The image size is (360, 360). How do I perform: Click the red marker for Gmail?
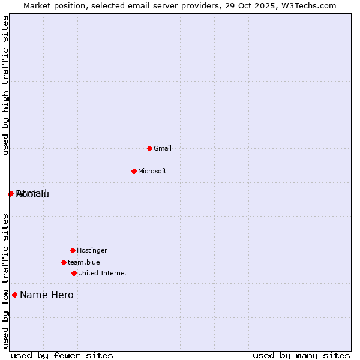click(x=149, y=148)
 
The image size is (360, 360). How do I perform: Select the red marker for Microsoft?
click(x=134, y=171)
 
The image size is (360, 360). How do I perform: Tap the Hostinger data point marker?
click(x=73, y=250)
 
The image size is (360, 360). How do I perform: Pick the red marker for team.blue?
click(x=64, y=262)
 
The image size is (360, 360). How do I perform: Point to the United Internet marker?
click(x=74, y=273)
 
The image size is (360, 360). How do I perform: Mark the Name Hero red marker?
click(x=14, y=295)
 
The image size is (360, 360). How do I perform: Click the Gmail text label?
click(x=163, y=148)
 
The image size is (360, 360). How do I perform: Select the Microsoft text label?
click(x=152, y=171)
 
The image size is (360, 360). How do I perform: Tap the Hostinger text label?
click(x=92, y=250)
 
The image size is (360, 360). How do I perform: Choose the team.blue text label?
click(x=84, y=262)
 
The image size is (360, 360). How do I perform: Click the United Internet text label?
click(x=103, y=273)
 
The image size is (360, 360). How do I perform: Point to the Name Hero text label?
click(x=47, y=295)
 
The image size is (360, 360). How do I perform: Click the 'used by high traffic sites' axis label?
click(x=5, y=85)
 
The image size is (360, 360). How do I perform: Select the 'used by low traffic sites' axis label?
click(x=5, y=281)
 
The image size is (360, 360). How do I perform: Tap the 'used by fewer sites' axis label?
click(x=62, y=356)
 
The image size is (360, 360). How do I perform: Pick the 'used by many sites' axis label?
click(x=301, y=356)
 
